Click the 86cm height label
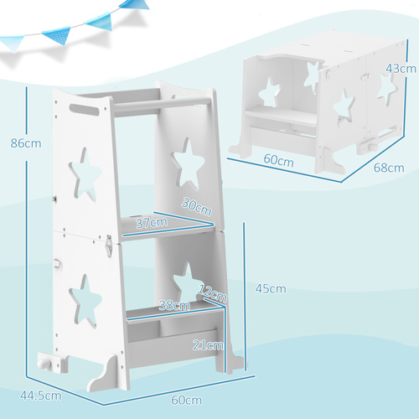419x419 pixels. coord(20,142)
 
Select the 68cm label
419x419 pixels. coord(388,168)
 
